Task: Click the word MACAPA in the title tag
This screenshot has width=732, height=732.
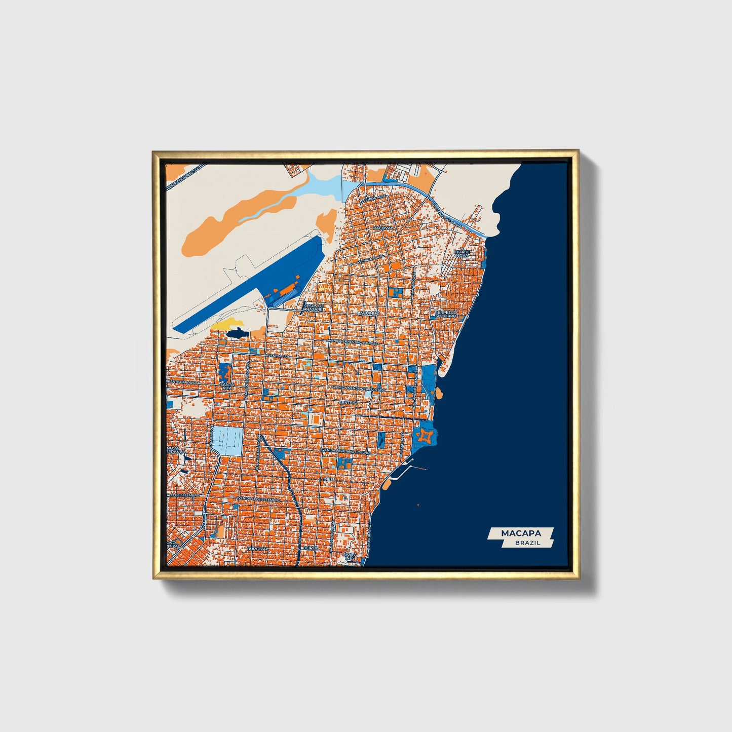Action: (x=521, y=533)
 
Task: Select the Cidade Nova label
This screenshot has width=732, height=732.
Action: (x=462, y=253)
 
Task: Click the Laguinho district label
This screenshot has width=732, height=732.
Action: (x=368, y=314)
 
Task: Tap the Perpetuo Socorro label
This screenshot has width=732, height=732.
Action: (x=446, y=314)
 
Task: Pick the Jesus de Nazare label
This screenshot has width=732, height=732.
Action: (x=315, y=307)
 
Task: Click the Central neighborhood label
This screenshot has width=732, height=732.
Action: (x=348, y=402)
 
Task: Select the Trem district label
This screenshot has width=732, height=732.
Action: (x=329, y=479)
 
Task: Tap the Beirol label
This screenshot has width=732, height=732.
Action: (x=310, y=548)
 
